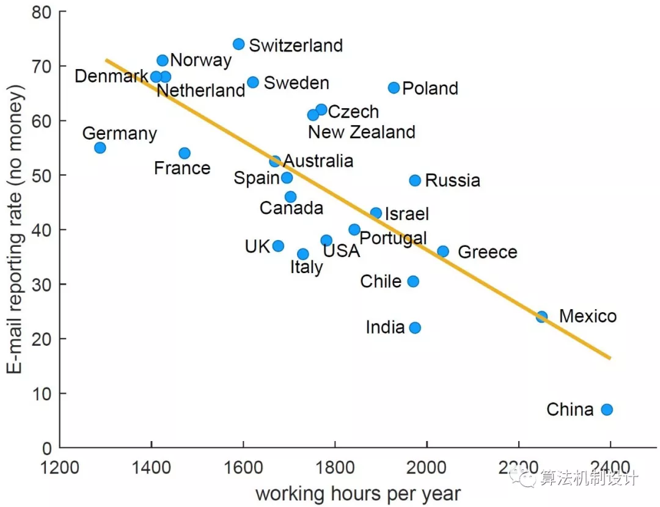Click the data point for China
[607, 409]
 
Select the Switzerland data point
[239, 44]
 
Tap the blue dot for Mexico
[542, 316]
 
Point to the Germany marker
[100, 148]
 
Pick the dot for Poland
[394, 88]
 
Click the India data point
[415, 328]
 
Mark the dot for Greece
[443, 252]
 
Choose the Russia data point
[415, 180]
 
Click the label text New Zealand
[361, 132]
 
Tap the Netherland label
[201, 91]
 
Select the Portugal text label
[392, 238]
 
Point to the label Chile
[381, 282]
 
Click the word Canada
[291, 208]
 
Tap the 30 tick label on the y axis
[41, 284]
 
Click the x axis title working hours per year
[358, 493]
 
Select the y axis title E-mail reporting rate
[16, 229]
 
